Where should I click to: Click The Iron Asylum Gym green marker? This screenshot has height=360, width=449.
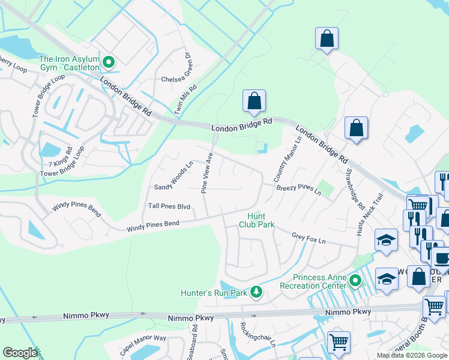(x=109, y=61)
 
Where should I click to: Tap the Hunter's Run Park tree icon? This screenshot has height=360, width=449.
(x=256, y=292)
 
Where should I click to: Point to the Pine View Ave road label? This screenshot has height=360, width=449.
(x=206, y=172)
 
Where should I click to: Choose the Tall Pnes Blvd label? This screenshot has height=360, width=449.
(x=169, y=206)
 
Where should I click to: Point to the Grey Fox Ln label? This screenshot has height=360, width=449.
(x=308, y=239)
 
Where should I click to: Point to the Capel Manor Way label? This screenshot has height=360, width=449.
(x=143, y=347)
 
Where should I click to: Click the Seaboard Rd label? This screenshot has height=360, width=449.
(x=194, y=339)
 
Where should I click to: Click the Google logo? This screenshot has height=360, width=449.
(x=20, y=353)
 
